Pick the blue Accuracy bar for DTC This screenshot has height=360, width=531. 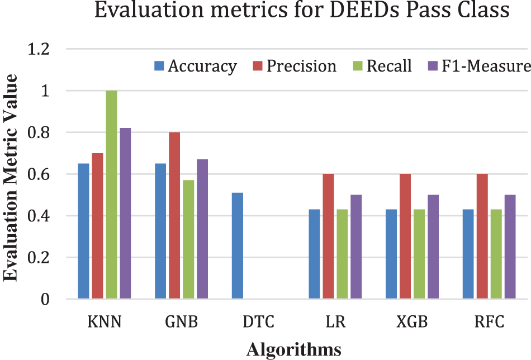pyautogui.click(x=237, y=246)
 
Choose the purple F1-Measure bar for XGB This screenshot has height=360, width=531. pyautogui.click(x=433, y=247)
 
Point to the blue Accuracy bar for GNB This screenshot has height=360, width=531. pyautogui.click(x=160, y=231)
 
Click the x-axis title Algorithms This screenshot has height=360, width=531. pyautogui.click(x=294, y=349)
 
